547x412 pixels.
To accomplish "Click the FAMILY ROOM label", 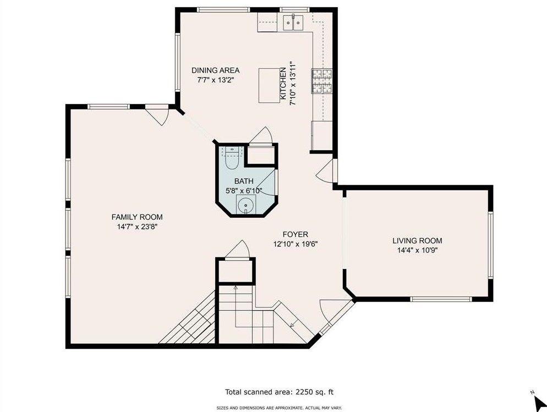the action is [x=137, y=217].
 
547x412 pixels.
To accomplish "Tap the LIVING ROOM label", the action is [x=417, y=240].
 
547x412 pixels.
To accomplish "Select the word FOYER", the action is [x=295, y=234].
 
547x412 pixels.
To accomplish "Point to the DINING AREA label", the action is [x=216, y=70].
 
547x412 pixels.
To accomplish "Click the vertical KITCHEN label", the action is [x=283, y=85].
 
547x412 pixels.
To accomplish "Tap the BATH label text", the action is [x=244, y=182].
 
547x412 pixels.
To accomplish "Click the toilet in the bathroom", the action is [x=232, y=158].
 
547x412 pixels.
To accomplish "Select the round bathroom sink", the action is [x=246, y=205].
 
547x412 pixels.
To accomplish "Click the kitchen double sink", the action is [x=293, y=23].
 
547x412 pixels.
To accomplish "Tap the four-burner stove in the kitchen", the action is [x=322, y=81].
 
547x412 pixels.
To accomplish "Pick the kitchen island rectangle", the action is [x=269, y=85].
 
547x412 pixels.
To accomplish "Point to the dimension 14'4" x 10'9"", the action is [x=417, y=250].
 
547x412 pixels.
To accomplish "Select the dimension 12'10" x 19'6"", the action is [x=295, y=244].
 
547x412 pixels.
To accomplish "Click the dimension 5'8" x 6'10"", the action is [x=244, y=191].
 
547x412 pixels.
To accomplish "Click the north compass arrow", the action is [x=540, y=404].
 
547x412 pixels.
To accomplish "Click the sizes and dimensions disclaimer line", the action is [x=279, y=408].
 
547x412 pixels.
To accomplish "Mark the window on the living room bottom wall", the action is [x=441, y=299].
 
